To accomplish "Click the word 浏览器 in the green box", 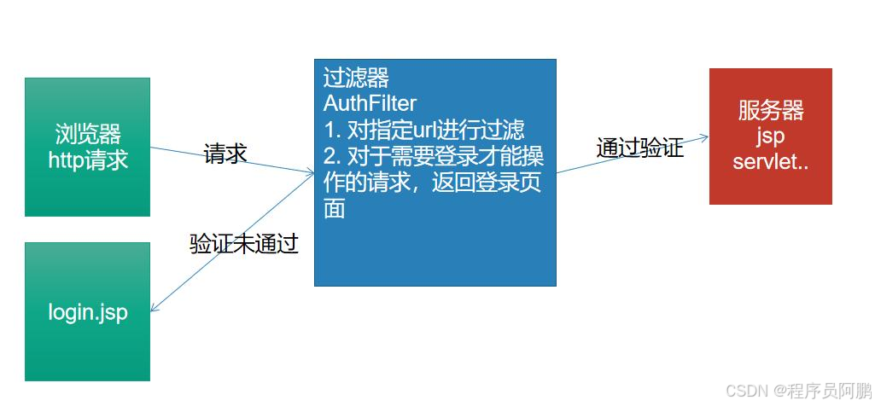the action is click(88, 134).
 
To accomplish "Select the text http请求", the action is click(88, 159).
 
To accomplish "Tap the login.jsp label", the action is click(88, 312).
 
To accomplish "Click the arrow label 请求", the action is click(225, 154).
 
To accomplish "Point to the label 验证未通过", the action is click(243, 244).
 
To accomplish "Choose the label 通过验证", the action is click(639, 148).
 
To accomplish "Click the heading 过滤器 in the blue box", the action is click(356, 78).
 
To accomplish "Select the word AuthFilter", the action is click(370, 104).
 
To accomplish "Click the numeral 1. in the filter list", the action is click(332, 130).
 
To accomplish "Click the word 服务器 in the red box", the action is click(771, 111).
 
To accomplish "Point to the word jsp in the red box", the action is click(770, 136).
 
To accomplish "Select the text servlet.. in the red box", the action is click(770, 161).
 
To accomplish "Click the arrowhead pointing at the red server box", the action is click(704, 136).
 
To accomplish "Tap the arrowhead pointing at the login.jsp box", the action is click(155, 308).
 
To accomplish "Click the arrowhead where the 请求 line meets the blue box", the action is click(310, 173).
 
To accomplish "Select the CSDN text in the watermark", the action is click(743, 390).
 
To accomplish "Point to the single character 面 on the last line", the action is click(334, 209).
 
